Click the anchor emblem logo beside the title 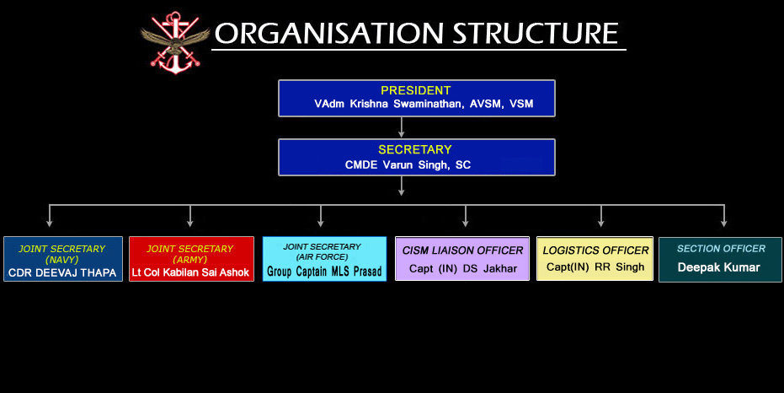coord(175,42)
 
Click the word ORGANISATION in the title coord(329,34)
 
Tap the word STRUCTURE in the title coord(536,34)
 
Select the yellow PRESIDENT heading coord(415,90)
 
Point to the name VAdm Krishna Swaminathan coord(388,104)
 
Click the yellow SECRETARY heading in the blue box coord(415,149)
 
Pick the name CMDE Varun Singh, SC coord(408,165)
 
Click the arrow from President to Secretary coord(401,127)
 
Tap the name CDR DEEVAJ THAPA coord(62,273)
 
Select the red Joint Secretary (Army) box coord(191,259)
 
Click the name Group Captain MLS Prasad coord(324,272)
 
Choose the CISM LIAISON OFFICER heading coord(462,250)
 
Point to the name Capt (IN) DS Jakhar coord(463,269)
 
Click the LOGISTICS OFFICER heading coord(595,250)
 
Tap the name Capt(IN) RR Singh coord(595,267)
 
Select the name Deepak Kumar coord(719,267)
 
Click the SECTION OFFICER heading coord(721,248)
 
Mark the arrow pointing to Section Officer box coord(724,216)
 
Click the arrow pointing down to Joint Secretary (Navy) coord(49,216)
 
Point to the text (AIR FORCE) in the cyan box coord(322,257)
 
